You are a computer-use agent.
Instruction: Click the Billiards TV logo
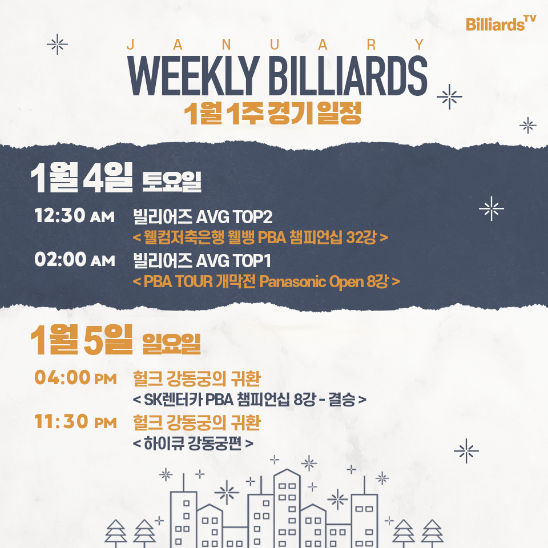point(501,23)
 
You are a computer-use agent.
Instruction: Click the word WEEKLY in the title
point(194,75)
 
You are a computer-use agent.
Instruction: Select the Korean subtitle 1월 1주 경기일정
point(273,113)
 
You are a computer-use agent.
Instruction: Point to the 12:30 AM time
point(74,215)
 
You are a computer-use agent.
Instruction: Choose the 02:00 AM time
point(74,259)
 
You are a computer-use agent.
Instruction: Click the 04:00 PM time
point(75,377)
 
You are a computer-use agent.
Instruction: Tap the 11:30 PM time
point(75,421)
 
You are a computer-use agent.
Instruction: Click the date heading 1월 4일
point(82,178)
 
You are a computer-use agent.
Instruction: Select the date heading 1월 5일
point(82,339)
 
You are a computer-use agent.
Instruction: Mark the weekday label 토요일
point(172,182)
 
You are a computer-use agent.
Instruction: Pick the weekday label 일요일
point(172,344)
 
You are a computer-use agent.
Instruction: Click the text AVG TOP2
point(234,217)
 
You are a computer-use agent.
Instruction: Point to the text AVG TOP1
point(233,261)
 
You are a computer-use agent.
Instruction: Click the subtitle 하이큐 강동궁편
point(192,444)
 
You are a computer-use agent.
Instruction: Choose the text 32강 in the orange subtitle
point(361,237)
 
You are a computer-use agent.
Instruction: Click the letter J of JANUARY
point(131,45)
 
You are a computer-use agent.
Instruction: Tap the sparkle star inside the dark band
point(491,209)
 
